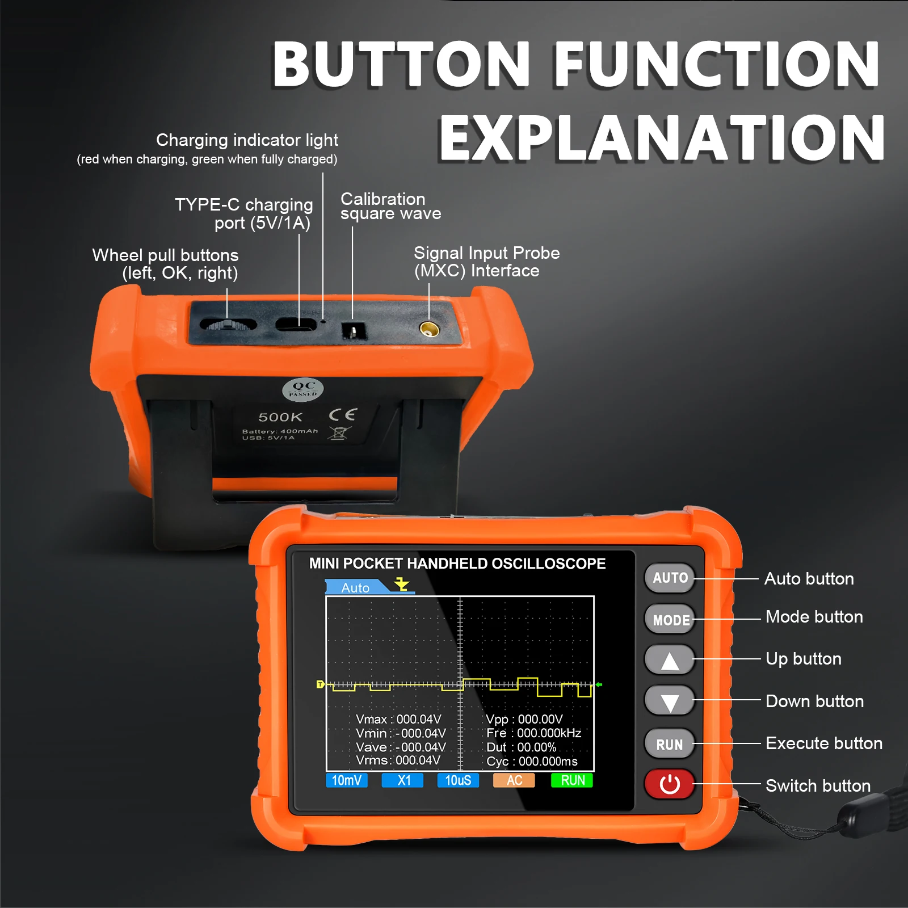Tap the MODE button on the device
click(670, 619)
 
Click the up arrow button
click(670, 660)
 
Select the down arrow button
click(670, 701)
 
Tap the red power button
click(670, 784)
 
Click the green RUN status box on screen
click(572, 780)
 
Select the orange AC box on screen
click(514, 780)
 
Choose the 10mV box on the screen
click(347, 780)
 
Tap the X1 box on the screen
click(403, 780)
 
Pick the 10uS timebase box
click(458, 780)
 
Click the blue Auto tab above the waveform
click(358, 587)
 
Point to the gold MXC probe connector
click(429, 329)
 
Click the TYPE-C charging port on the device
click(296, 325)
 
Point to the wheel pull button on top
click(228, 325)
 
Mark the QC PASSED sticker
click(303, 389)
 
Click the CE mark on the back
click(343, 415)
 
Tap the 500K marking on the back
click(280, 417)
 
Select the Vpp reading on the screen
click(524, 720)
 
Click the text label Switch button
click(818, 785)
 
